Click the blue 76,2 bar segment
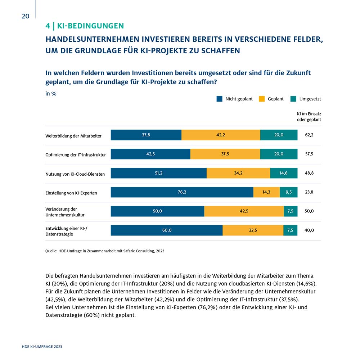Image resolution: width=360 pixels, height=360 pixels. [182, 192]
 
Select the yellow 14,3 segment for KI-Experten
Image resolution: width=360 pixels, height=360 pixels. [266, 192]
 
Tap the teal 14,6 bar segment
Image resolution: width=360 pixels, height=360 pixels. [284, 173]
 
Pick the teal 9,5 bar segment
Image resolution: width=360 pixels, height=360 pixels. [289, 192]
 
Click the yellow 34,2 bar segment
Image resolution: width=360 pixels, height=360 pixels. [238, 173]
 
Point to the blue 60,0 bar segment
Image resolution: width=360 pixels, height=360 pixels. [167, 230]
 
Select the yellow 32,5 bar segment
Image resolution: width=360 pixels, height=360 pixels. [253, 230]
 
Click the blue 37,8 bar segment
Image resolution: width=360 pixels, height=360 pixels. [146, 135]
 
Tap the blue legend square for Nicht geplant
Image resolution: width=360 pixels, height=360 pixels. [220, 99]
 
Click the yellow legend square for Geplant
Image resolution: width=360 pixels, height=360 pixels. [262, 99]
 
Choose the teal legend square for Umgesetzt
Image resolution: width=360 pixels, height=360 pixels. [293, 99]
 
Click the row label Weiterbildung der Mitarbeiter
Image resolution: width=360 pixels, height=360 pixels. [73, 136]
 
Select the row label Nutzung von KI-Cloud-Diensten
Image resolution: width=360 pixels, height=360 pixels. [75, 174]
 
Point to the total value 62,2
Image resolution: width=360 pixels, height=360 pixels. [309, 135]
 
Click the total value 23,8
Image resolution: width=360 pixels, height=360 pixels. [309, 192]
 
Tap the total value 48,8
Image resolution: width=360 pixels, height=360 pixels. [309, 173]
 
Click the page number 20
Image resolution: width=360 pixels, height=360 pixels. [26, 16]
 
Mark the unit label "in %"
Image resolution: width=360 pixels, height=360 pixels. [51, 94]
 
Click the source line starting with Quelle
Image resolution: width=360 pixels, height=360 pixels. [105, 251]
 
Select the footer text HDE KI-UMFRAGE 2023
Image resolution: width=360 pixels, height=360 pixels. [42, 347]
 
